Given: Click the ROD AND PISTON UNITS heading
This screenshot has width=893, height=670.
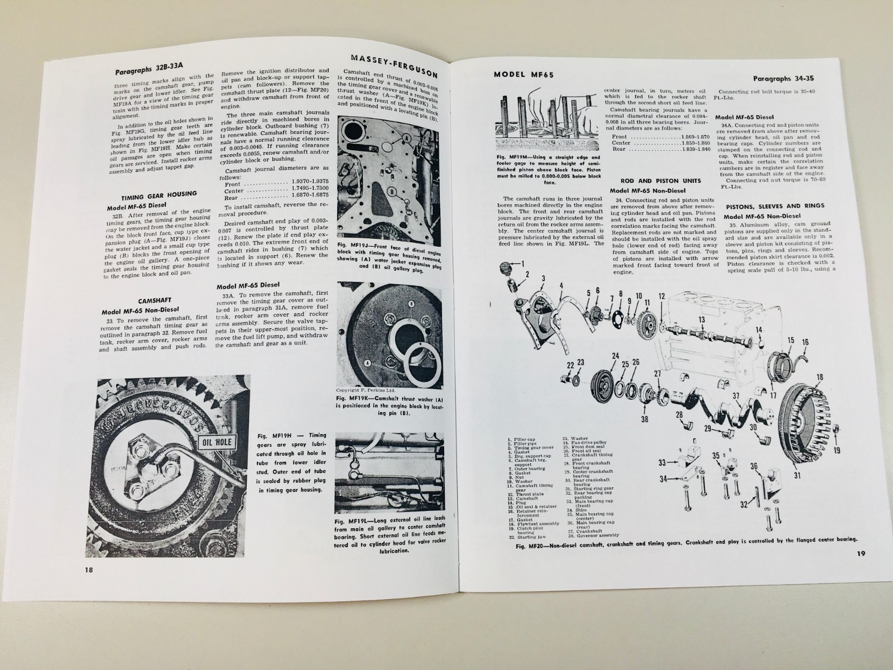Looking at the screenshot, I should pyautogui.click(x=651, y=181).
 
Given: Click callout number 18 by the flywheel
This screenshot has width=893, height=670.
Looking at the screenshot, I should pyautogui.click(x=819, y=377).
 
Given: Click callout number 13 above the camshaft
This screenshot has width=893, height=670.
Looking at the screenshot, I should pyautogui.click(x=702, y=320).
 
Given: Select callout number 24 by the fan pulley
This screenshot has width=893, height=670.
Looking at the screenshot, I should pyautogui.click(x=615, y=356).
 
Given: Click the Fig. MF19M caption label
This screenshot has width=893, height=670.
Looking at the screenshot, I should pyautogui.click(x=513, y=158).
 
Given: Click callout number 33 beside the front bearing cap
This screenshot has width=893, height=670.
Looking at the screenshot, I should pyautogui.click(x=662, y=462).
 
